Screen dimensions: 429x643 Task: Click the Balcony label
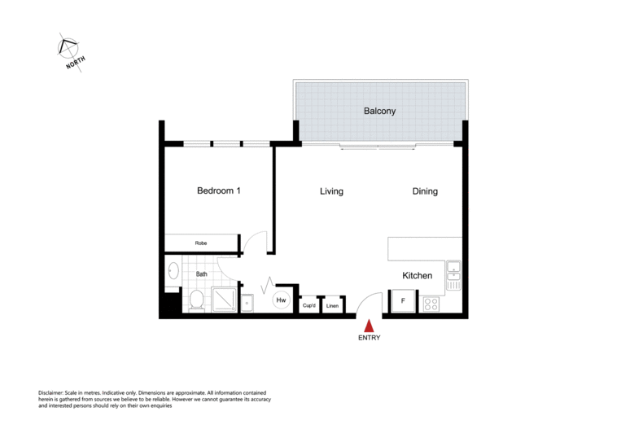[379, 112]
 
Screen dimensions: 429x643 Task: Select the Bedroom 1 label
[219, 191]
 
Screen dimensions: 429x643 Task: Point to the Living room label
[330, 191]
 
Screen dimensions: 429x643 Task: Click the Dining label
[425, 191]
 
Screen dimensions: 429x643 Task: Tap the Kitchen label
[417, 276]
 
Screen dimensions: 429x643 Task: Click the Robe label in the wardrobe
[200, 243]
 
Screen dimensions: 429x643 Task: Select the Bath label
[201, 274]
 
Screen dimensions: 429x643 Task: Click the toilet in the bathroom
[196, 300]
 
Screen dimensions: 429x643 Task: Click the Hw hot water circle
[281, 300]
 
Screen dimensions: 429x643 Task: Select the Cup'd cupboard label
[309, 306]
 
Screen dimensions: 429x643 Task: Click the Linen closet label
[332, 306]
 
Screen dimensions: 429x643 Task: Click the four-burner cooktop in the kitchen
[431, 304]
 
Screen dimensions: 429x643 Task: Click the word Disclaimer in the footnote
[55, 392]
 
